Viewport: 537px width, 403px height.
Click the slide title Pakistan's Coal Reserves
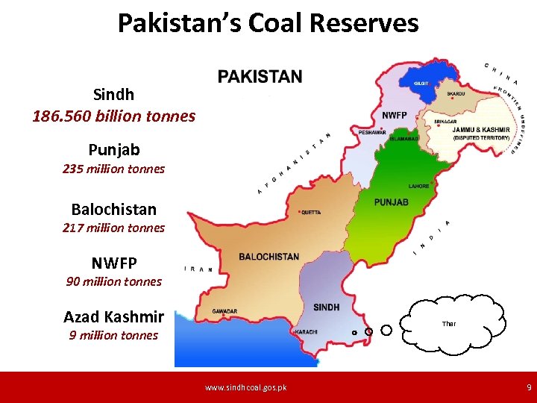point(268,23)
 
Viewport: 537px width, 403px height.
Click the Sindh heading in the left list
point(113,95)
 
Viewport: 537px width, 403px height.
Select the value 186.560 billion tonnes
point(113,116)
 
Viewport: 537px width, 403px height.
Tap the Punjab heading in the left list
point(113,150)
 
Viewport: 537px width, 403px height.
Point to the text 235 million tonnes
point(113,169)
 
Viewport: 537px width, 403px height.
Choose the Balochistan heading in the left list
point(113,209)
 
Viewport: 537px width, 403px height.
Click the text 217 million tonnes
point(113,228)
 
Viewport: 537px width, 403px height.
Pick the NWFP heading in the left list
point(113,263)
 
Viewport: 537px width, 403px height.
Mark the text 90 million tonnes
point(113,281)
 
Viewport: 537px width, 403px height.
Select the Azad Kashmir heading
point(113,317)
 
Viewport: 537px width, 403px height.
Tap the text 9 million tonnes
point(113,335)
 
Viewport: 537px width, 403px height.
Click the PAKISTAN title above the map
point(260,77)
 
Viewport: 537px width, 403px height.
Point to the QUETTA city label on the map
point(310,212)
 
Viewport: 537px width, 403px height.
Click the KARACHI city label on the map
point(307,331)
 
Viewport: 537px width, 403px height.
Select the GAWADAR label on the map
point(224,311)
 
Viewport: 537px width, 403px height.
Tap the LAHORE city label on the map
point(418,186)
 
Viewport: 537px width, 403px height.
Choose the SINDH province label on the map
point(327,307)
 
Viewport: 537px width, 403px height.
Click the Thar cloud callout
point(448,323)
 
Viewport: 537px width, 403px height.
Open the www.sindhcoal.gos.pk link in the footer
point(245,387)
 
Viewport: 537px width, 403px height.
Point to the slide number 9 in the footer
point(529,387)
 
